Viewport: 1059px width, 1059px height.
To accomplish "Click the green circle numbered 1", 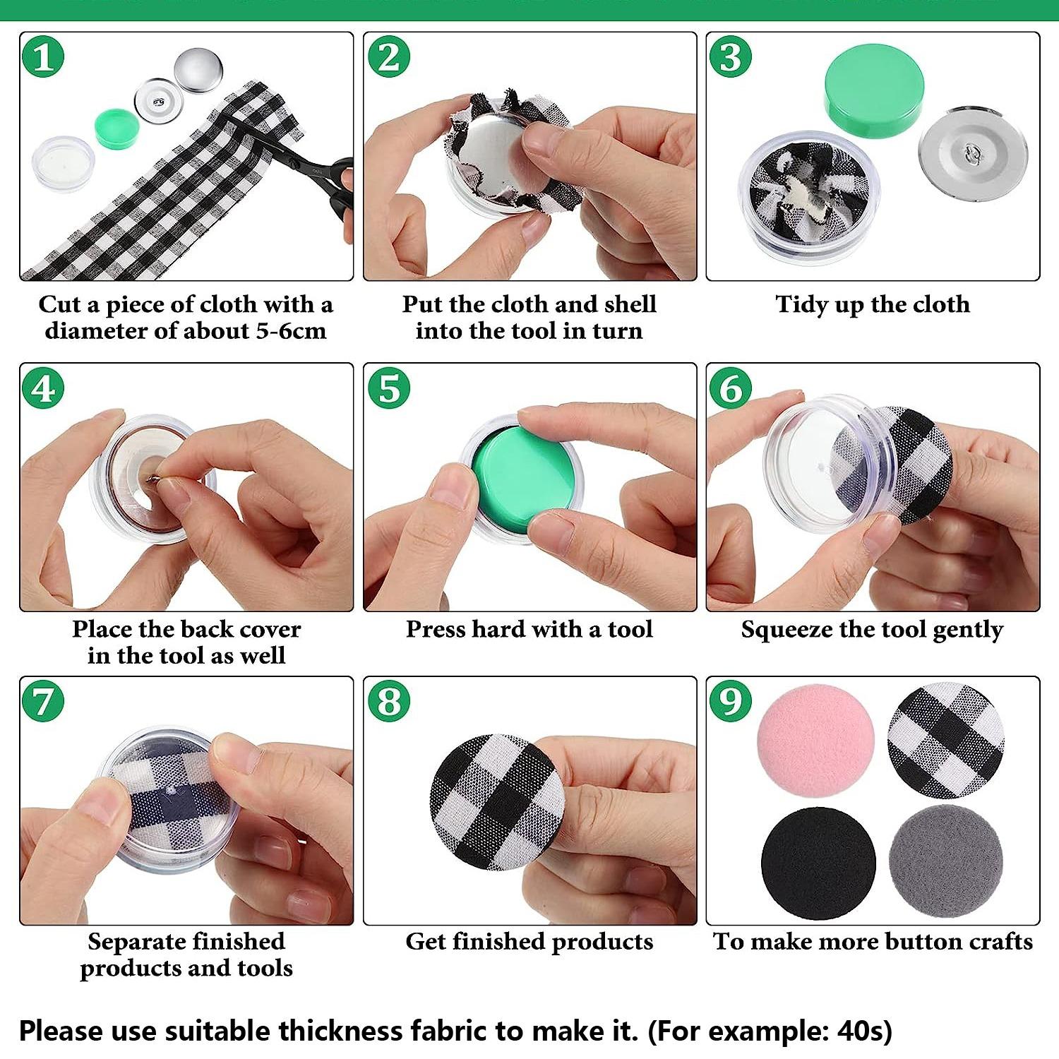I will [43, 57].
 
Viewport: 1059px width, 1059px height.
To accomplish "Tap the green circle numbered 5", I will [388, 388].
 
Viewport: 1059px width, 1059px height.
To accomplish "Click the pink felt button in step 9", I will [815, 741].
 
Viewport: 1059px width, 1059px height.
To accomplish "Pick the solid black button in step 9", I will [818, 863].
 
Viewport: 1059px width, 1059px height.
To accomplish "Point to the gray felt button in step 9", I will [945, 861].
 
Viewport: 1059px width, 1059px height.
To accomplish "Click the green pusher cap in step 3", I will [873, 90].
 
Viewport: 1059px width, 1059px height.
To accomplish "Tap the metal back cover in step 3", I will [973, 153].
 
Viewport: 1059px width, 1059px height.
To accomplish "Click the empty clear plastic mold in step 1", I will [63, 164].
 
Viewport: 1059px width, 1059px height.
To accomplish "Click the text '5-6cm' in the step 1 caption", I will [291, 331].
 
